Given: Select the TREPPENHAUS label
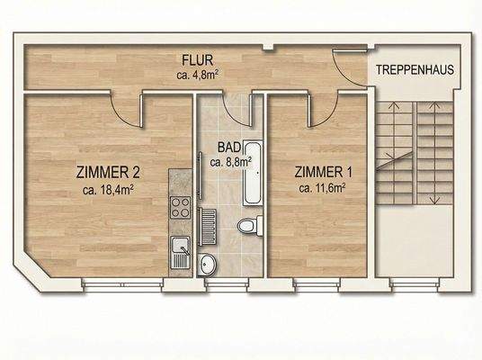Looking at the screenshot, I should tap(414, 69).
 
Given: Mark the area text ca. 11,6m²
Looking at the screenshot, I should tap(323, 189).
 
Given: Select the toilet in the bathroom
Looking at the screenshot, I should tap(248, 225).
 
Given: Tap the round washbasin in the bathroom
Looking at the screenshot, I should tap(208, 265).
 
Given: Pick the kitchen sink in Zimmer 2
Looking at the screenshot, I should tap(180, 249).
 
